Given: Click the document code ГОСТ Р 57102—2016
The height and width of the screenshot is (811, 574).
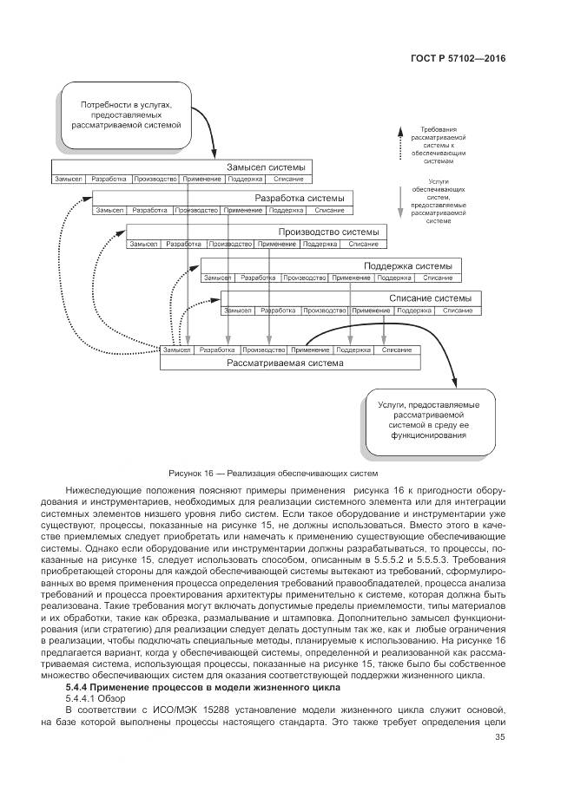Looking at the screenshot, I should click(458, 58).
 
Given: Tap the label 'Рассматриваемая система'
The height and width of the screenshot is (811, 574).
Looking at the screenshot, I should click(286, 363).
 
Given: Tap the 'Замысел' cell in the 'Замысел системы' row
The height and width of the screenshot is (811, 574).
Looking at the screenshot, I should click(68, 179).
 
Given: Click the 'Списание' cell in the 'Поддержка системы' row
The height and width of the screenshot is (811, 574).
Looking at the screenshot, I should click(437, 278).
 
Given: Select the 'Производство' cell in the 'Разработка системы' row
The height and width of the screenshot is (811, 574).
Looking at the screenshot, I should click(195, 211).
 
